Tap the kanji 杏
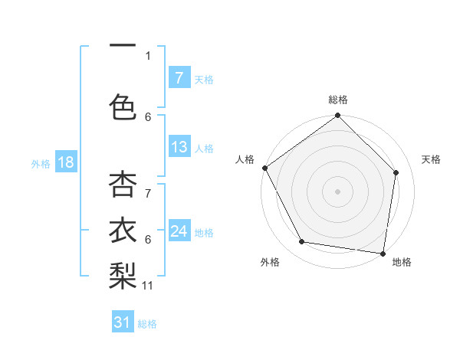coord(123,185)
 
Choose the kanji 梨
coord(123,277)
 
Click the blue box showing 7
coord(179,78)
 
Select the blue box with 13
coord(179,147)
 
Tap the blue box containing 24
coord(179,231)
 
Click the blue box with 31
coord(123,322)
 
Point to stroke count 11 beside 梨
coord(148,286)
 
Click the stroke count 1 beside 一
coord(148,55)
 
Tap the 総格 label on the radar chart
coord(337,100)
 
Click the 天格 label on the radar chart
coord(431,159)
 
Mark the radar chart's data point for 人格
coord(265,168)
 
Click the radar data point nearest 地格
coord(383,253)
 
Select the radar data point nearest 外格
coord(302,242)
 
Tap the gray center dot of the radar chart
coord(337,191)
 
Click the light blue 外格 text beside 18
coord(40,163)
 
